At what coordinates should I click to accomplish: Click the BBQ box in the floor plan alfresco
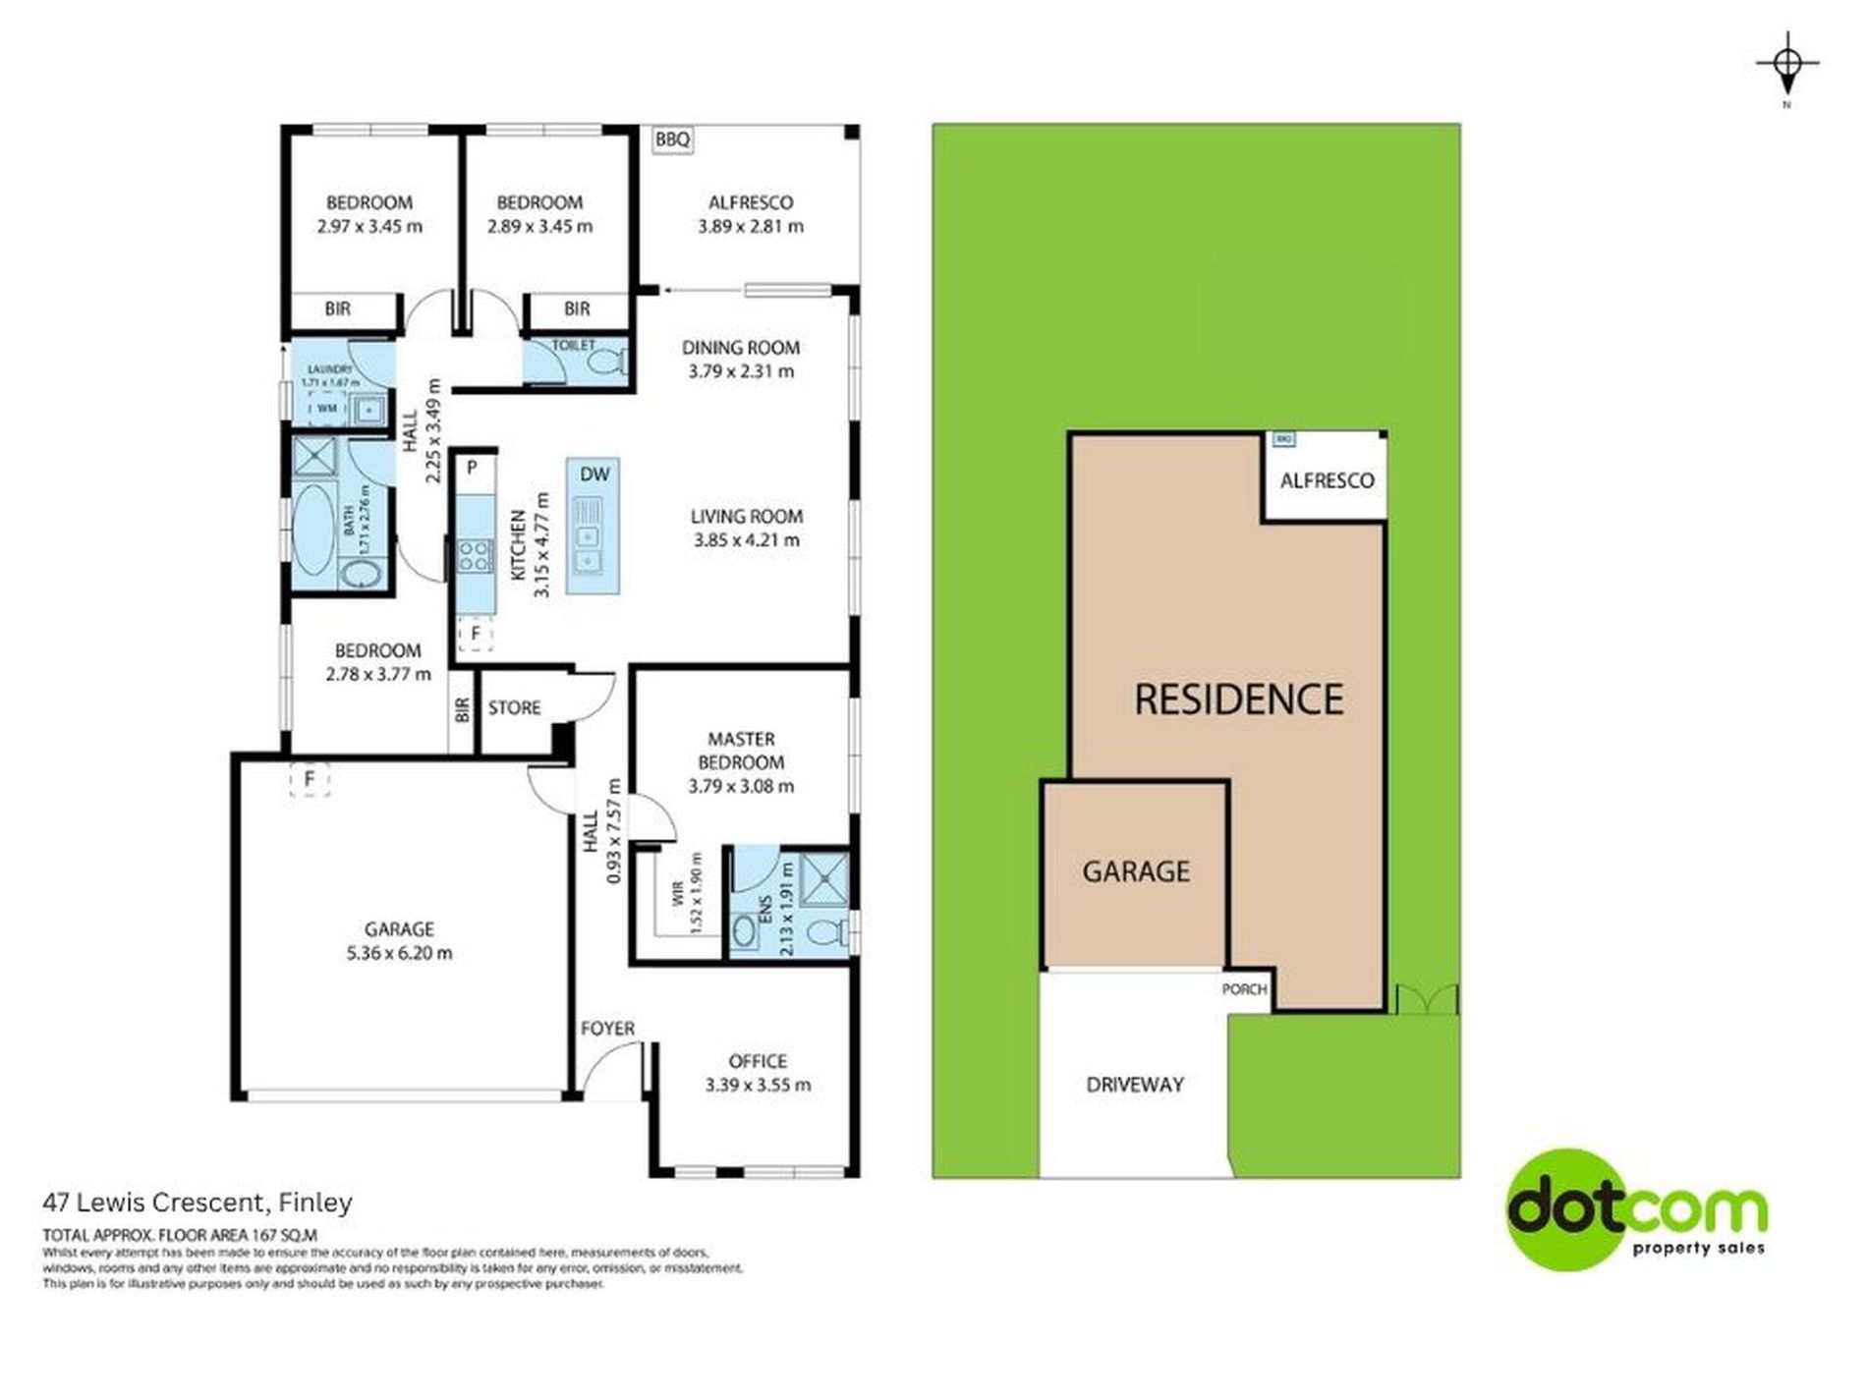tap(672, 140)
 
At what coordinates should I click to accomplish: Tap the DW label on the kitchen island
tap(594, 474)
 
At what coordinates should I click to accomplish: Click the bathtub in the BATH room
tap(313, 520)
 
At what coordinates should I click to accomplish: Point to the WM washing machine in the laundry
tap(326, 407)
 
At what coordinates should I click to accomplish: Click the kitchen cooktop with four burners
tap(474, 557)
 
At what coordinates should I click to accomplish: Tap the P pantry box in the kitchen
tap(472, 468)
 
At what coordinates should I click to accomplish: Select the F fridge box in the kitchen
tap(475, 634)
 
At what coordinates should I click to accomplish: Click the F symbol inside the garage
tap(310, 779)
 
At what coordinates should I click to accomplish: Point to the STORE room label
tap(514, 707)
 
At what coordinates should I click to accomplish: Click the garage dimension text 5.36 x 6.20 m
tap(399, 952)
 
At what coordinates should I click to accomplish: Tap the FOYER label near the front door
tap(607, 1028)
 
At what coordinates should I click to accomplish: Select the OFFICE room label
tap(758, 1061)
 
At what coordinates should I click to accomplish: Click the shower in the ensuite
tap(822, 877)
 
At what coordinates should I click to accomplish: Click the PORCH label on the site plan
tap(1244, 989)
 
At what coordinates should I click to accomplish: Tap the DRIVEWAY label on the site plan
tap(1135, 1085)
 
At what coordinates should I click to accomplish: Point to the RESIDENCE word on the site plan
tap(1238, 700)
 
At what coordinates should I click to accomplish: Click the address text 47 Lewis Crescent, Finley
tap(198, 1202)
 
